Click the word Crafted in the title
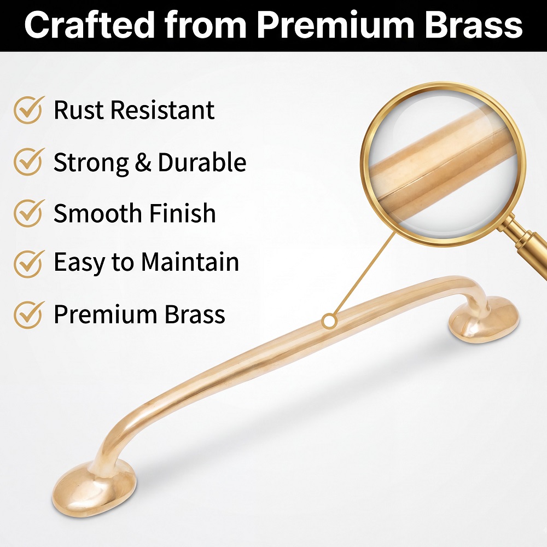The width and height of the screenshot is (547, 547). (x=90, y=25)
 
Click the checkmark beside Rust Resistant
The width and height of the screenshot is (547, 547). (x=29, y=110)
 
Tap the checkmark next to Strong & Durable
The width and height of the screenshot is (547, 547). (x=29, y=161)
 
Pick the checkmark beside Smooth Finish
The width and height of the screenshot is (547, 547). (x=29, y=213)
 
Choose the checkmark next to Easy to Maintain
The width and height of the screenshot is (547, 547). (x=29, y=264)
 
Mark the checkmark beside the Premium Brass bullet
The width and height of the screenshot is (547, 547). (x=29, y=315)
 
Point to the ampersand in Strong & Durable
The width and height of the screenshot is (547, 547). (x=143, y=162)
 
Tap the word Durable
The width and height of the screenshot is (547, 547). (x=202, y=162)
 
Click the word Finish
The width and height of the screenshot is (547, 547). (x=183, y=213)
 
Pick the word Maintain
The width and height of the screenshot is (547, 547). (x=190, y=261)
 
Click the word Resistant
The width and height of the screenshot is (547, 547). (x=163, y=110)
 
